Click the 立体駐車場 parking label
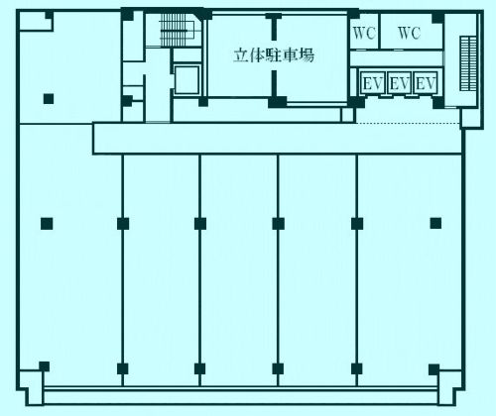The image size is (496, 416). [x=274, y=55]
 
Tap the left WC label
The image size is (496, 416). [x=364, y=33]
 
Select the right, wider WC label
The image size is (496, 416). [x=410, y=33]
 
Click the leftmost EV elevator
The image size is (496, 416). [x=373, y=83]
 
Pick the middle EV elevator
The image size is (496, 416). [x=399, y=83]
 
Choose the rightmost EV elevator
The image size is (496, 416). [x=426, y=83]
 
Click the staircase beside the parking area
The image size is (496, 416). [x=174, y=30]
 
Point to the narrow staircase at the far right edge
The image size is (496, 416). [x=468, y=63]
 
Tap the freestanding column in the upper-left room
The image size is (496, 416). [x=49, y=99]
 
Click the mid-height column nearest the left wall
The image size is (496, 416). [x=47, y=224]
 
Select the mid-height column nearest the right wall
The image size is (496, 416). [x=435, y=224]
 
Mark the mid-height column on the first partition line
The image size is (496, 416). [x=123, y=224]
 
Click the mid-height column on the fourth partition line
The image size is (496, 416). [x=357, y=224]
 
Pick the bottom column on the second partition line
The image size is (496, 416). [x=199, y=368]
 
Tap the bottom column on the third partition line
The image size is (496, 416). [x=278, y=368]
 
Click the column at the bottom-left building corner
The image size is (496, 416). [x=45, y=366]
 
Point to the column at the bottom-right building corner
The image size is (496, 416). [x=434, y=369]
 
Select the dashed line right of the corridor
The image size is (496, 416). [x=408, y=124]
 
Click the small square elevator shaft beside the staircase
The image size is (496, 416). [x=187, y=79]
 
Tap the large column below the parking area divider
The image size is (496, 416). [x=277, y=102]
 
